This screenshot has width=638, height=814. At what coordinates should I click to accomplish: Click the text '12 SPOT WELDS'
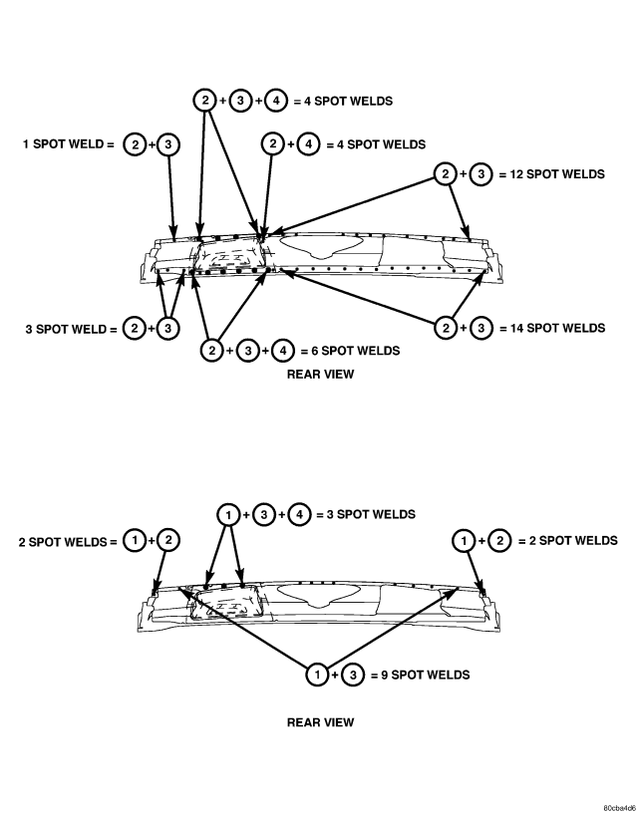557,174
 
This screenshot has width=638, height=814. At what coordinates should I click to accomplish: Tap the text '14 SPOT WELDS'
558,328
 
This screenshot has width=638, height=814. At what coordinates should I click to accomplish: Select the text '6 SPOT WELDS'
356,351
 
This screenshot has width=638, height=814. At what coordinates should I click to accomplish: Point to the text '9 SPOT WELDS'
426,675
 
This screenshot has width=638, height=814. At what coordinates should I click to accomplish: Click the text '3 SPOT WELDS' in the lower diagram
371,514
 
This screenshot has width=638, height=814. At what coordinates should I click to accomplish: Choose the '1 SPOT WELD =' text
68,143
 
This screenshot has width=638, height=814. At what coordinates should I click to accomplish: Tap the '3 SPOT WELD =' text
71,329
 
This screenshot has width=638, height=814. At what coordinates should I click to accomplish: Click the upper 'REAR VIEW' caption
321,375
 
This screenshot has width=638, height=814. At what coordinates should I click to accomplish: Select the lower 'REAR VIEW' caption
321,722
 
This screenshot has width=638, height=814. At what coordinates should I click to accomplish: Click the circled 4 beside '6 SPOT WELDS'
283,351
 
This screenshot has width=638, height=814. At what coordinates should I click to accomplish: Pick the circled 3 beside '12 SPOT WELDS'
481,174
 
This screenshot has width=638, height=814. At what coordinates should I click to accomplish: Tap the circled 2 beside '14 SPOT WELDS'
446,328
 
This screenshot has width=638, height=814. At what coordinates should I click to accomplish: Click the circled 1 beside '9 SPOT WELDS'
317,675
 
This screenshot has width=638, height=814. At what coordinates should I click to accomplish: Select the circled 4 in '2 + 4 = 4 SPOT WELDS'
309,144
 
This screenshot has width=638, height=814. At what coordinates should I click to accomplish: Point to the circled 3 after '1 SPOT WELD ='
167,144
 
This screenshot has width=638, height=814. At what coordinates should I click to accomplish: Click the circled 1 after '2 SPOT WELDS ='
134,541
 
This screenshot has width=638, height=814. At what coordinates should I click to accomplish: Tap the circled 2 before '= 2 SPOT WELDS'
499,541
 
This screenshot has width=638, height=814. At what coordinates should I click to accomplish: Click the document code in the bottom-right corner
619,808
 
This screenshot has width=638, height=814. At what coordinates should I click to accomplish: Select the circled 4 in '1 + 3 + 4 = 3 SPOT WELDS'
299,514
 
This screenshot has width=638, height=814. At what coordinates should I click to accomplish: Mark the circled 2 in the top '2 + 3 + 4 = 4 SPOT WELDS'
204,101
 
